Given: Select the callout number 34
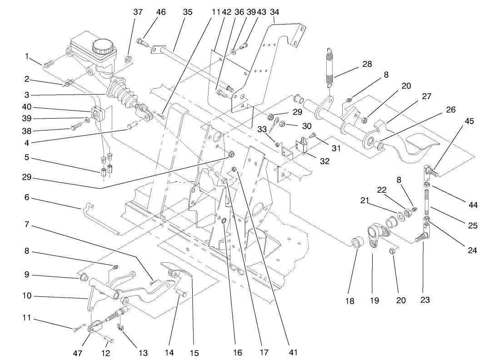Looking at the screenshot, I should [x=274, y=12].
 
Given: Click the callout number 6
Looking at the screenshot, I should [x=27, y=198].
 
